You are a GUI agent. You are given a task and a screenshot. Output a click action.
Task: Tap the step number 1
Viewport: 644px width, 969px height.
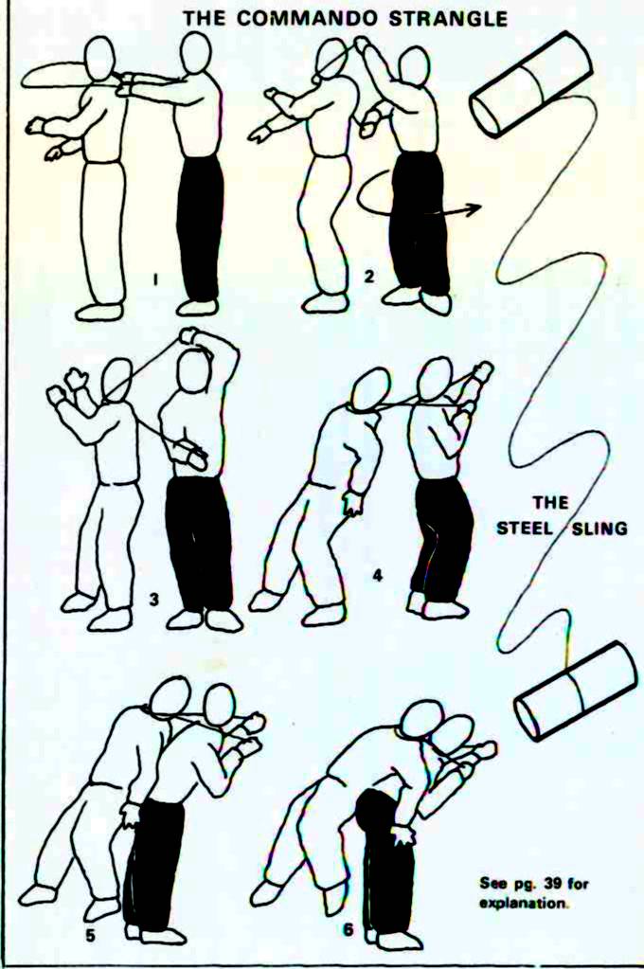tap(155, 280)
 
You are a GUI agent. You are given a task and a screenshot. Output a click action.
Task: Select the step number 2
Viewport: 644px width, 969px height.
tap(369, 276)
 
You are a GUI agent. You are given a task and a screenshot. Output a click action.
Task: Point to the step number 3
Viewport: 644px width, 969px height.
tap(154, 599)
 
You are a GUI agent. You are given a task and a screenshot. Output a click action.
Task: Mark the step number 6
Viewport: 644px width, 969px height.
tap(349, 928)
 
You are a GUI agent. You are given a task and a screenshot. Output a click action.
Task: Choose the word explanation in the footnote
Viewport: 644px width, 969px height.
tap(524, 903)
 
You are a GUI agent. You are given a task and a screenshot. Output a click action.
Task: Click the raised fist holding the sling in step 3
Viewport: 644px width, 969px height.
tap(188, 335)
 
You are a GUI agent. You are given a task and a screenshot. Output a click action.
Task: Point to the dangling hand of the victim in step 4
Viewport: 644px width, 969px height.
tap(354, 503)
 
